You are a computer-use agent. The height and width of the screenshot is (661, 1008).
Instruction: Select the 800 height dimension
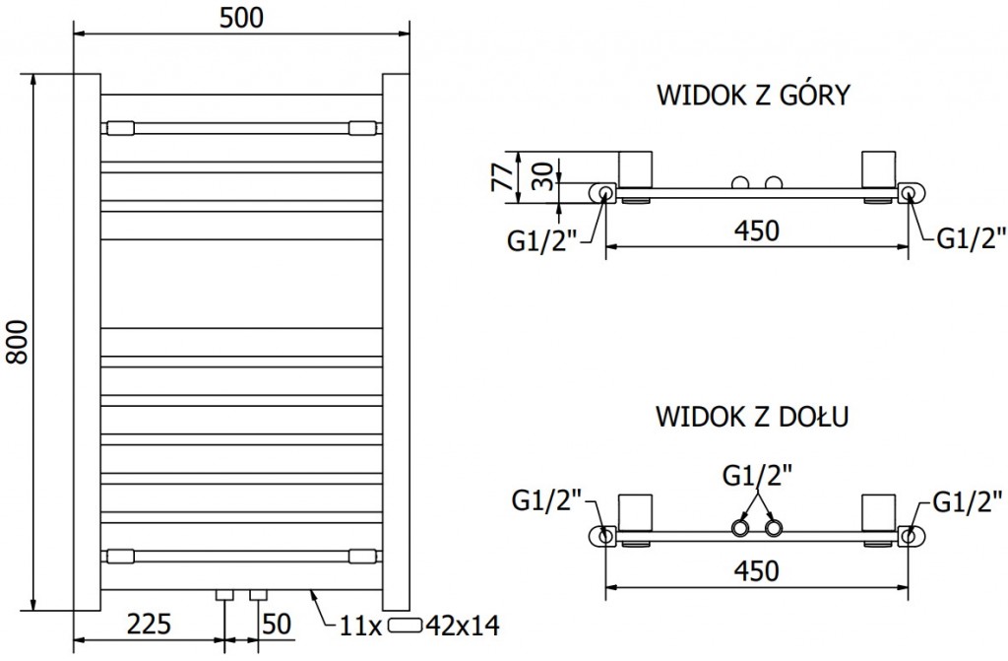point(17,341)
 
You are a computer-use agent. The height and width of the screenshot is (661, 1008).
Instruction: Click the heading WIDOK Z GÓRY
point(752,97)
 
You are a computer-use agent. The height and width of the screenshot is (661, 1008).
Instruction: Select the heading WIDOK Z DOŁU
point(752,416)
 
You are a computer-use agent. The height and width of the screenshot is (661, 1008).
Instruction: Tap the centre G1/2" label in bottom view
point(756,476)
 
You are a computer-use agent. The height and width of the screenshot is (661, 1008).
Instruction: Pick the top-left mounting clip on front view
point(120,127)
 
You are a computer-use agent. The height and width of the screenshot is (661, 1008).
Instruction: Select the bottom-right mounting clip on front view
point(362,556)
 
